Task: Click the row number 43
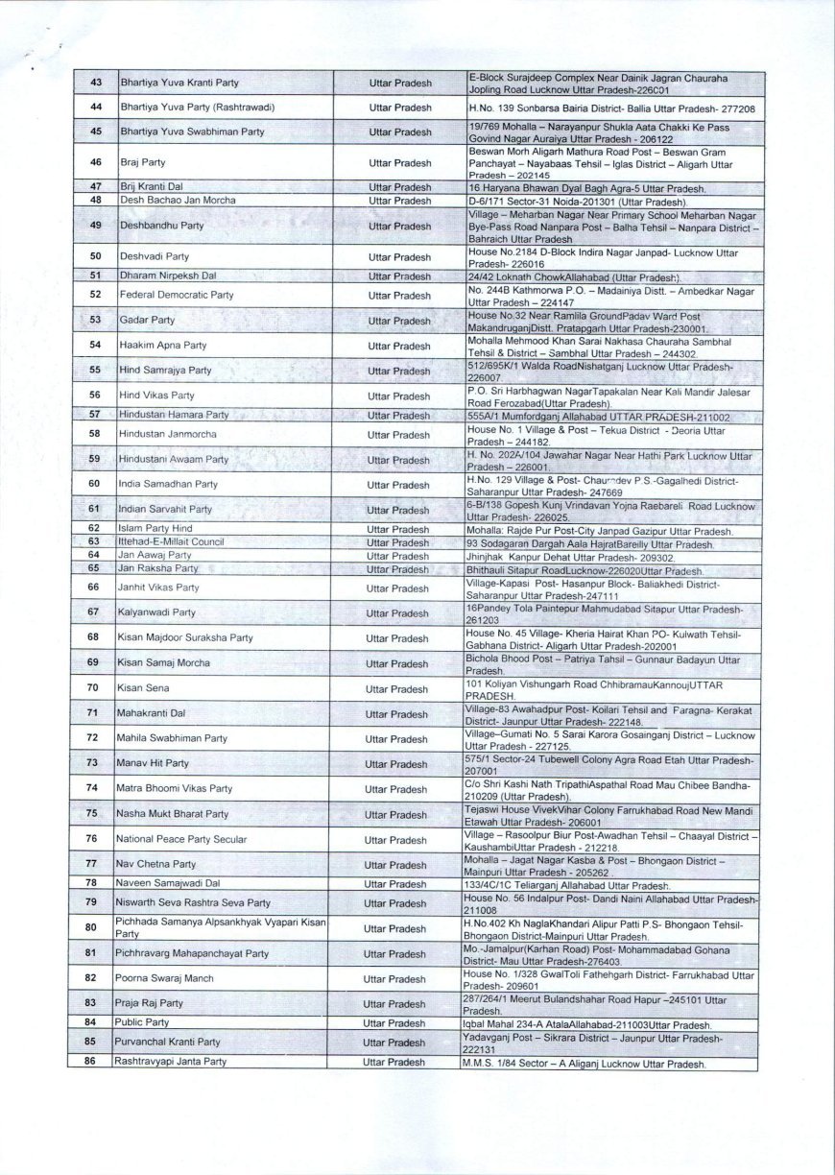(95, 83)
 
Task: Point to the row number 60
(94, 486)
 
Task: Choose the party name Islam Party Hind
(155, 529)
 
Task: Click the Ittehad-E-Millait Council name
(170, 541)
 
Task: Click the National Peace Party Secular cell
(181, 839)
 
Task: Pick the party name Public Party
(143, 1023)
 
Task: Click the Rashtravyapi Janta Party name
(172, 1062)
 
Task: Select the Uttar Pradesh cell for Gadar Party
(399, 321)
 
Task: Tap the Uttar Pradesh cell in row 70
(397, 689)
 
